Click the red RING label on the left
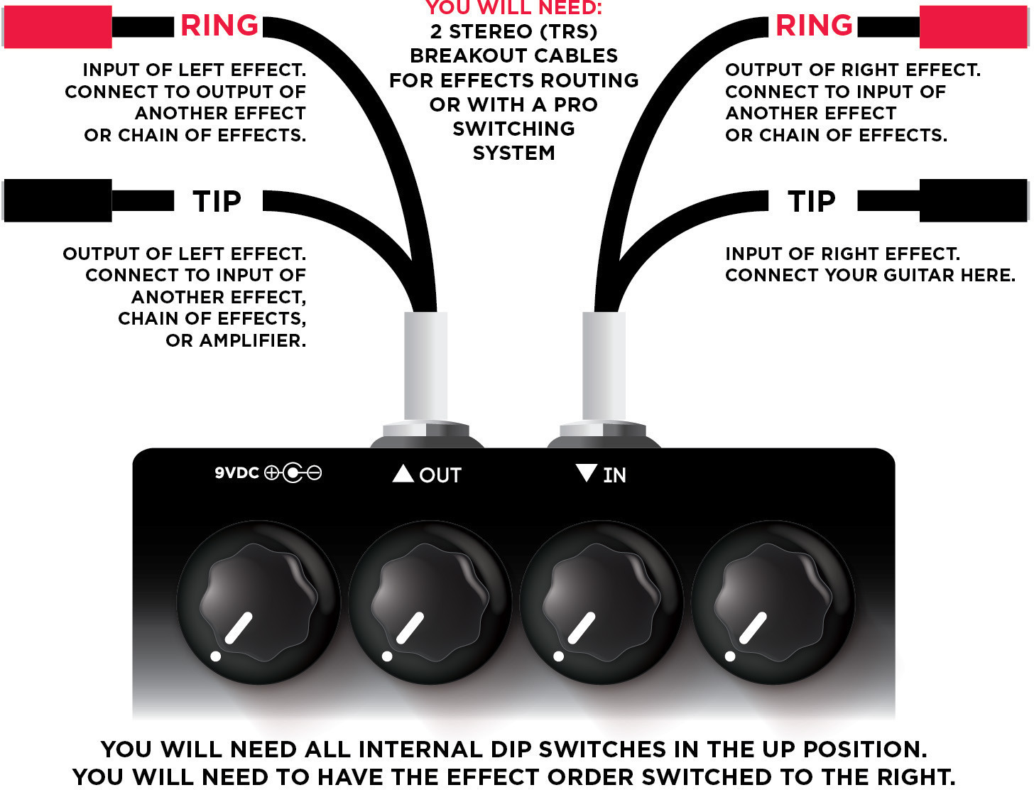click(219, 26)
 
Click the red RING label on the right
click(814, 26)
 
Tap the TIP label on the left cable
click(217, 202)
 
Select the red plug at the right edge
click(973, 26)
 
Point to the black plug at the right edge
click(973, 200)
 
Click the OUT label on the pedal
click(440, 475)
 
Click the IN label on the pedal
click(614, 475)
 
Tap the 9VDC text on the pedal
click(236, 472)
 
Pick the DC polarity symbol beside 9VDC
click(293, 472)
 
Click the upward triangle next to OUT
click(403, 473)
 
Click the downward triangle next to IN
click(587, 472)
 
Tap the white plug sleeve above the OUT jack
click(425, 366)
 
